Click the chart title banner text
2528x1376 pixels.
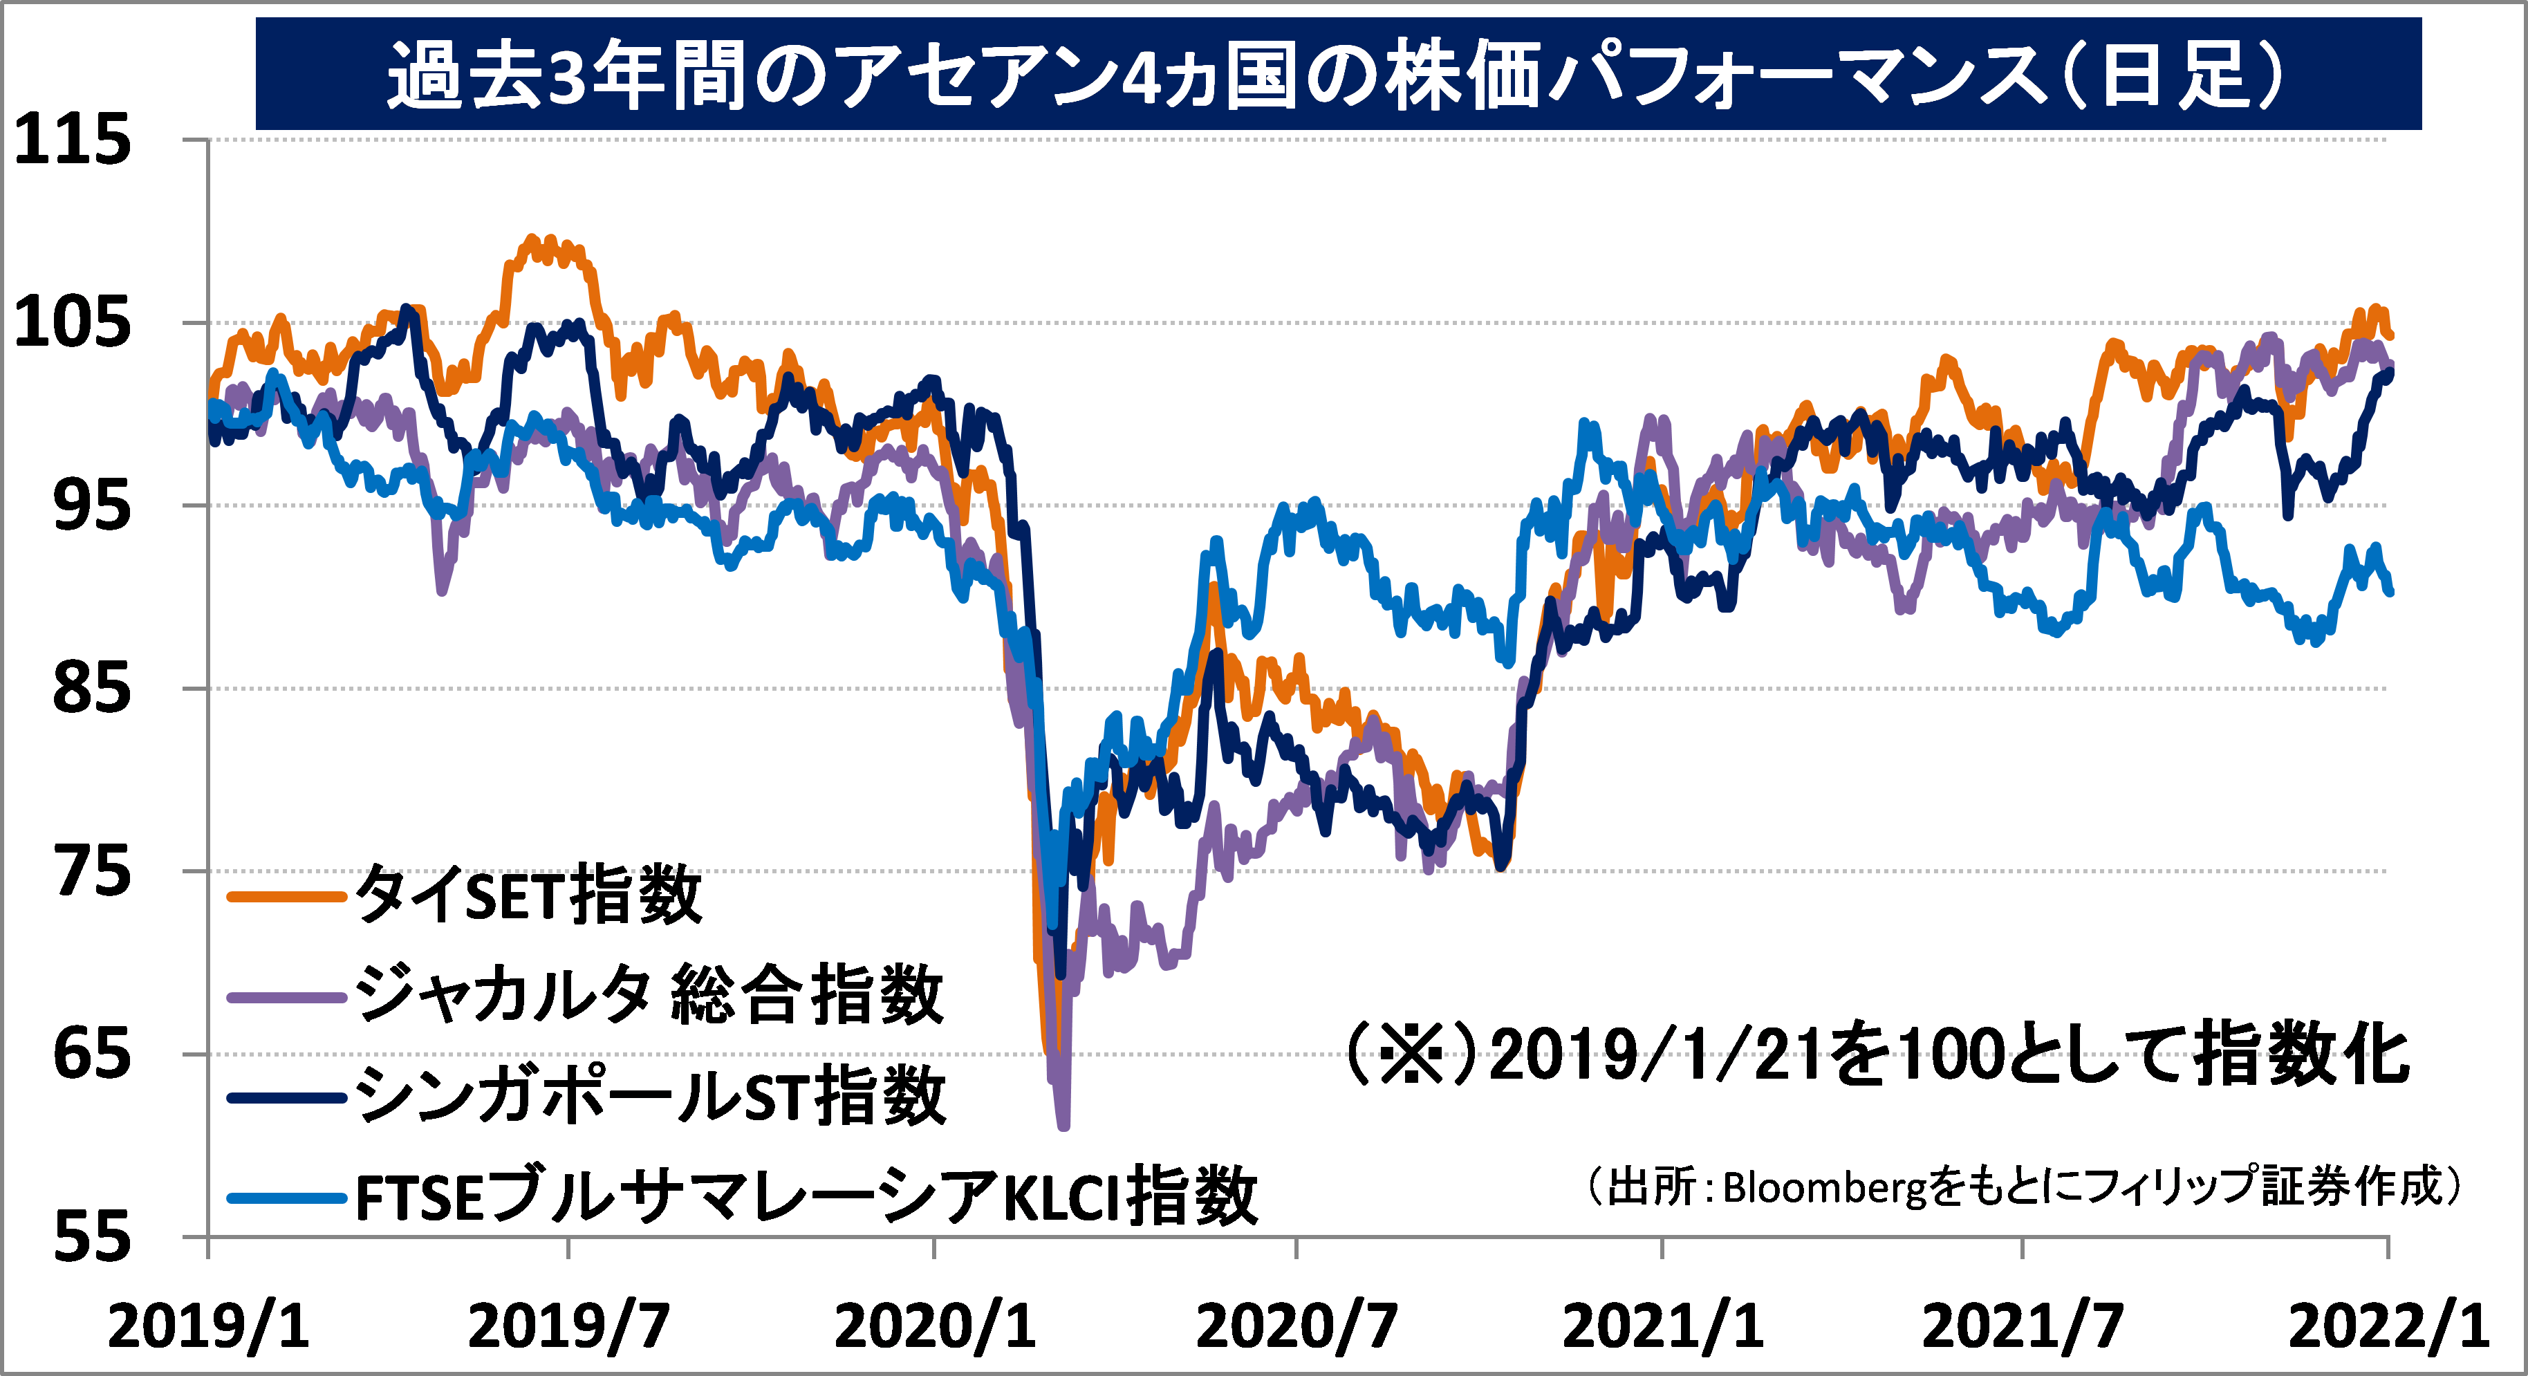(x=1337, y=75)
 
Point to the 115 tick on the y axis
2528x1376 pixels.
(x=73, y=140)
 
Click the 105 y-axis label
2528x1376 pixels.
(x=73, y=322)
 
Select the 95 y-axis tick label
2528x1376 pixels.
(x=91, y=505)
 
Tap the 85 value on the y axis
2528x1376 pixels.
(x=91, y=688)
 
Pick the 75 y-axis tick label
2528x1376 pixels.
(x=91, y=871)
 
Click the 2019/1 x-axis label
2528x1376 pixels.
(x=208, y=1326)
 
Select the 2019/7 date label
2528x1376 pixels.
(x=569, y=1326)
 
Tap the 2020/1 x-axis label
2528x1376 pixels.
(x=934, y=1326)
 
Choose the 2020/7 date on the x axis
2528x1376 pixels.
(x=1296, y=1326)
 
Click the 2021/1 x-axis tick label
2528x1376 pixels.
(x=1662, y=1326)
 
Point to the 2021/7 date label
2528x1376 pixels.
(x=2023, y=1326)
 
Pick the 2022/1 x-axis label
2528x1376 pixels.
(x=2388, y=1326)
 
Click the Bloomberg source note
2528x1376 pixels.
(x=2024, y=1187)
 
